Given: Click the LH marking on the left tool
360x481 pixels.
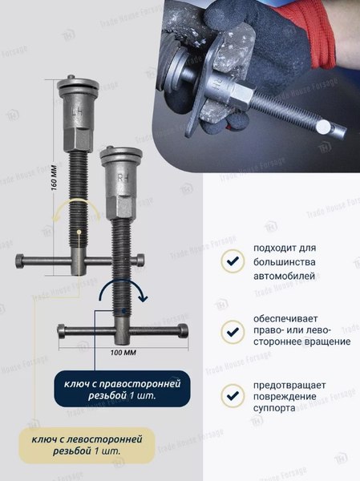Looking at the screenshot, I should (77, 113).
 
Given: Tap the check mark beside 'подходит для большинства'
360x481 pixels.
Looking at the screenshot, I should (232, 261).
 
